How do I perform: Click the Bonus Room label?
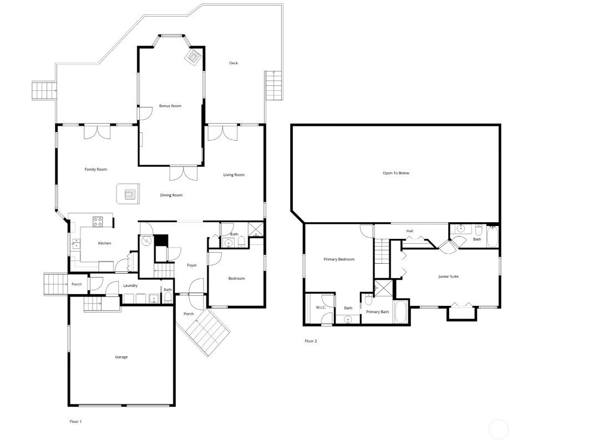pos(170,106)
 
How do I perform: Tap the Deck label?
pos(233,63)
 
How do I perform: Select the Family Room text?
pos(96,170)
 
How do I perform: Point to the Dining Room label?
pos(171,196)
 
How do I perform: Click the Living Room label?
pos(234,175)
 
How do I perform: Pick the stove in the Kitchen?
pos(98,221)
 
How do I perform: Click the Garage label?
pos(121,357)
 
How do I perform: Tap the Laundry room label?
pos(130,286)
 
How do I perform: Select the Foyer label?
pos(192,265)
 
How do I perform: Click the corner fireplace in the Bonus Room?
pos(194,57)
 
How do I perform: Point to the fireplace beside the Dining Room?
pos(129,194)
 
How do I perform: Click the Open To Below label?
pos(396,173)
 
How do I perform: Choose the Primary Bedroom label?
pos(339,260)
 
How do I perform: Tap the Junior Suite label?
pos(449,277)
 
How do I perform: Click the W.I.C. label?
pos(321,307)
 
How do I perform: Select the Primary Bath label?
pos(378,312)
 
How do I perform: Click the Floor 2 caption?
pos(311,341)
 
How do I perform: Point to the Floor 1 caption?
pos(75,422)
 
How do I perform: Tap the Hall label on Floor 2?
pos(410,231)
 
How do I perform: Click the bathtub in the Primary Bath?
pos(401,311)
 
